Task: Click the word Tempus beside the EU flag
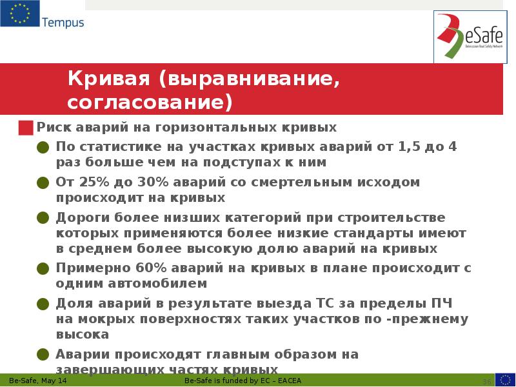click(x=63, y=23)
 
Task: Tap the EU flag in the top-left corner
click(x=19, y=14)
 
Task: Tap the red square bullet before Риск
click(x=25, y=127)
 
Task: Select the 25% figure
click(x=94, y=182)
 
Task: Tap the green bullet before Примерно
click(x=43, y=268)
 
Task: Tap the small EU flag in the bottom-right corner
click(x=505, y=379)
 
